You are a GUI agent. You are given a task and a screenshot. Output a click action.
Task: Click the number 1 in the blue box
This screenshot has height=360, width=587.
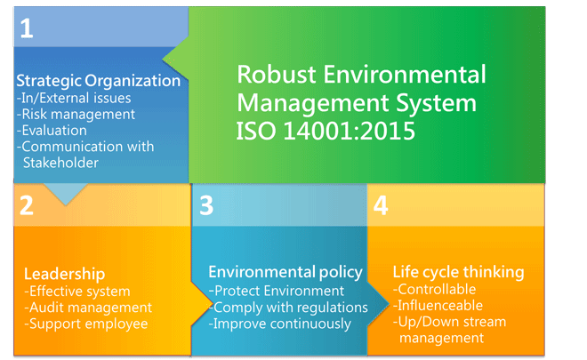click(26, 28)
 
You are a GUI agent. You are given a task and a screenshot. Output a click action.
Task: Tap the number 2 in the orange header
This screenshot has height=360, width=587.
click(26, 205)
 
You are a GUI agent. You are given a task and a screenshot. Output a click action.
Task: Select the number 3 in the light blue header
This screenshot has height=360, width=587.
click(206, 205)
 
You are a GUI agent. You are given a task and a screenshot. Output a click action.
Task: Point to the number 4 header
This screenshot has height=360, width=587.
click(381, 205)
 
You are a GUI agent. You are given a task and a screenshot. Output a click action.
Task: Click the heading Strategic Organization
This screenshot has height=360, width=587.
click(99, 81)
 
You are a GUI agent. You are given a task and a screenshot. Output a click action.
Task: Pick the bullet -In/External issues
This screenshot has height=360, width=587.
click(74, 98)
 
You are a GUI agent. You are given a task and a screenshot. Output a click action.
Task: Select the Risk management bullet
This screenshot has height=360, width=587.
click(76, 114)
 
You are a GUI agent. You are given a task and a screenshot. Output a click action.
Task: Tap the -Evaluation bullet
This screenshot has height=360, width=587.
click(52, 131)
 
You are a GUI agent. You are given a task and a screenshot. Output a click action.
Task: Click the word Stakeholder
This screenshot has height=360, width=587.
click(60, 163)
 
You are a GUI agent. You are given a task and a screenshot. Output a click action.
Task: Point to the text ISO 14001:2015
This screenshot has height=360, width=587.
click(326, 131)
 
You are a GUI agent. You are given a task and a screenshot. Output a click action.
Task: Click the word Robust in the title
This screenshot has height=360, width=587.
click(277, 74)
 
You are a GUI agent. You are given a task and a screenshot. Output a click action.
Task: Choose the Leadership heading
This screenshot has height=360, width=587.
click(64, 274)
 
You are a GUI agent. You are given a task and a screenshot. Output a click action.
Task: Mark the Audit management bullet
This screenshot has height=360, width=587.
click(88, 308)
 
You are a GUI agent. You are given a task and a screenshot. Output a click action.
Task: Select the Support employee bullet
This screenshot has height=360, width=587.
click(86, 324)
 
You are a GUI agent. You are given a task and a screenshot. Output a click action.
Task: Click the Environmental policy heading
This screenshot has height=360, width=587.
click(285, 272)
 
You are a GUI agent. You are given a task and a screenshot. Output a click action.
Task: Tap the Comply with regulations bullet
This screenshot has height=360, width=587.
click(288, 308)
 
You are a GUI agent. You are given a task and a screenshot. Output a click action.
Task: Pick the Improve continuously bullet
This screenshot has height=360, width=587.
click(279, 324)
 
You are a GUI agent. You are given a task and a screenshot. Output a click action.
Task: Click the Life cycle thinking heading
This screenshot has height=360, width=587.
click(458, 272)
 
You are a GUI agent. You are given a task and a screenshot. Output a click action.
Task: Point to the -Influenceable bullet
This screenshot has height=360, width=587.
click(438, 306)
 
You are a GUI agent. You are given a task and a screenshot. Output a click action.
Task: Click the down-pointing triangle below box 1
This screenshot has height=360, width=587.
click(66, 192)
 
